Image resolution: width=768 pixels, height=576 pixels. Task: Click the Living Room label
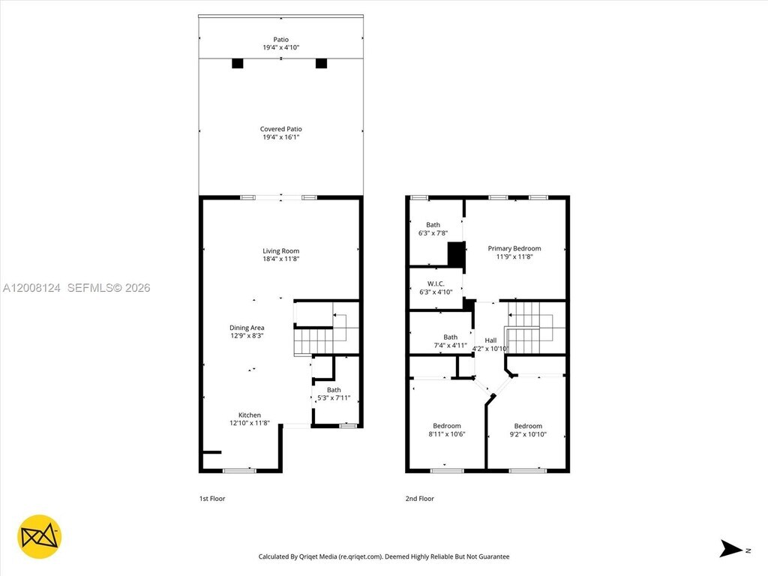click(x=280, y=250)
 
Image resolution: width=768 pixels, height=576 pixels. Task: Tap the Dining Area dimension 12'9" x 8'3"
click(x=247, y=336)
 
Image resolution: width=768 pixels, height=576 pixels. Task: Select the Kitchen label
click(x=249, y=415)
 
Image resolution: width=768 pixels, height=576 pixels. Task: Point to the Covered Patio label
click(x=280, y=129)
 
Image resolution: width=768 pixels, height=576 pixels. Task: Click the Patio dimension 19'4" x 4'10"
click(x=280, y=47)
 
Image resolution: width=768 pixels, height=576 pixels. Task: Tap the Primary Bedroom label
click(x=514, y=248)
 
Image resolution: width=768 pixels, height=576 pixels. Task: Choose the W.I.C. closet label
click(x=436, y=283)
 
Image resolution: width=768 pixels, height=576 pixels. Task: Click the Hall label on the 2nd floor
click(x=490, y=340)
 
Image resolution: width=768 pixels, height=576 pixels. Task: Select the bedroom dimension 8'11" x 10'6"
click(x=447, y=434)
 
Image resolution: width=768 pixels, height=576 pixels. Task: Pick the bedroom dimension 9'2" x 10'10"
click(x=528, y=434)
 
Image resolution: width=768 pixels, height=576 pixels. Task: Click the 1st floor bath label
click(x=334, y=390)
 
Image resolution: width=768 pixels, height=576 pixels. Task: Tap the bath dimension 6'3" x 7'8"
click(x=433, y=233)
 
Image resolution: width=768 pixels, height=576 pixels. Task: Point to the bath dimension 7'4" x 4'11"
click(x=451, y=345)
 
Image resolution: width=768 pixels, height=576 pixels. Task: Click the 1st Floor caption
click(x=212, y=499)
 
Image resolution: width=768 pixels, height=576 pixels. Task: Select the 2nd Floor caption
click(x=420, y=499)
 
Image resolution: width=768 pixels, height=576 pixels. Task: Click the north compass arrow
click(x=730, y=548)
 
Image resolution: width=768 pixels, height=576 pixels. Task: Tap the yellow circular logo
click(x=39, y=537)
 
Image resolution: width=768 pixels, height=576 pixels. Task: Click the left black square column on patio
click(x=238, y=64)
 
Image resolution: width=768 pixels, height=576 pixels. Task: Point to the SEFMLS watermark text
click(x=109, y=288)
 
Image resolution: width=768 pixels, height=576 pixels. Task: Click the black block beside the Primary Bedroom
click(x=456, y=255)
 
